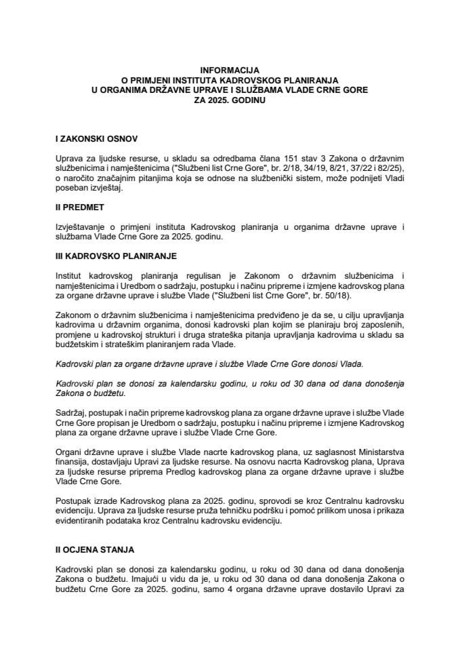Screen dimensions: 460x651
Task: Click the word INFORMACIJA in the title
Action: (230, 69)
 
